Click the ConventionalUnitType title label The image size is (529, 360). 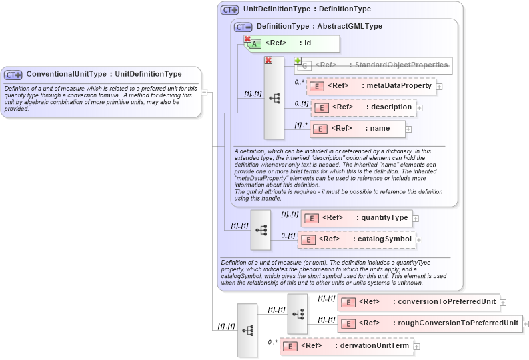pos(103,74)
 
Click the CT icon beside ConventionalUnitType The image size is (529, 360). pos(13,75)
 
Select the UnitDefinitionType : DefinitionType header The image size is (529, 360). pos(307,9)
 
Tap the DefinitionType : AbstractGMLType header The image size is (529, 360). pos(319,26)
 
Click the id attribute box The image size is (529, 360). pos(294,43)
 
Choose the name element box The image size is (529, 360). pos(358,129)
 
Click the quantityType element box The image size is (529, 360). pos(356,217)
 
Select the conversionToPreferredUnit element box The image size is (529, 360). pos(418,302)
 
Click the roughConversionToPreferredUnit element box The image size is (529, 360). pos(430,323)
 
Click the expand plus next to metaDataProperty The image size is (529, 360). pos(439,87)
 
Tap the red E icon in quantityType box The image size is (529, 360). pos(311,218)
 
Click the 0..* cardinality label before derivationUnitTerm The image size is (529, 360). pos(272,342)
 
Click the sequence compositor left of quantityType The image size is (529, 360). pos(261,229)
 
